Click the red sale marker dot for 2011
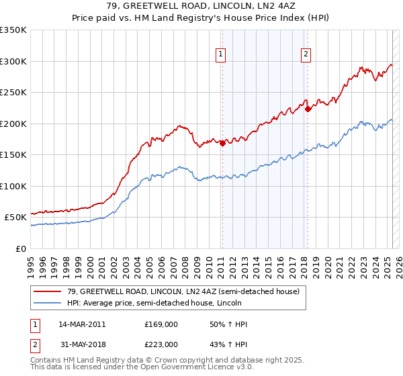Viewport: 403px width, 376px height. point(222,142)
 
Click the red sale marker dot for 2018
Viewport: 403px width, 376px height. point(308,109)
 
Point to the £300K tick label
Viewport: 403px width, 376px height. point(13,61)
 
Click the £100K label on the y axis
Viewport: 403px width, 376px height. point(13,186)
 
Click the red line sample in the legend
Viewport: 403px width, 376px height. point(48,290)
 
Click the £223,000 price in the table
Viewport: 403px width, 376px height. point(161,344)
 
